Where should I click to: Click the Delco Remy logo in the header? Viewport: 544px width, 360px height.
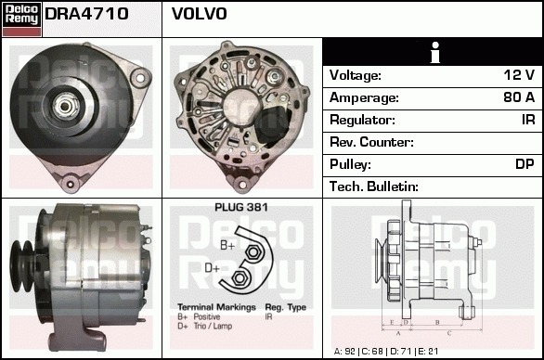[21, 19]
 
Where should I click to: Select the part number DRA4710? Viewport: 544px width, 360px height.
[86, 14]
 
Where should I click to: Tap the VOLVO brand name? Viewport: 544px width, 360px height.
[200, 14]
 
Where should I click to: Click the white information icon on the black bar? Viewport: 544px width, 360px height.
[435, 52]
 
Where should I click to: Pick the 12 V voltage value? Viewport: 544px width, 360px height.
[519, 75]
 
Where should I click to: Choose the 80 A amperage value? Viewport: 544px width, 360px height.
[519, 97]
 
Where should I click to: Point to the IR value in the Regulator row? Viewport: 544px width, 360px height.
[528, 120]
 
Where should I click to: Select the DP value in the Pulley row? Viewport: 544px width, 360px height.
[525, 164]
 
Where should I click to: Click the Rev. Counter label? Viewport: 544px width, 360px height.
[371, 142]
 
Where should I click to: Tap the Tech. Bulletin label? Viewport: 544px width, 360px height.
[374, 186]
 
